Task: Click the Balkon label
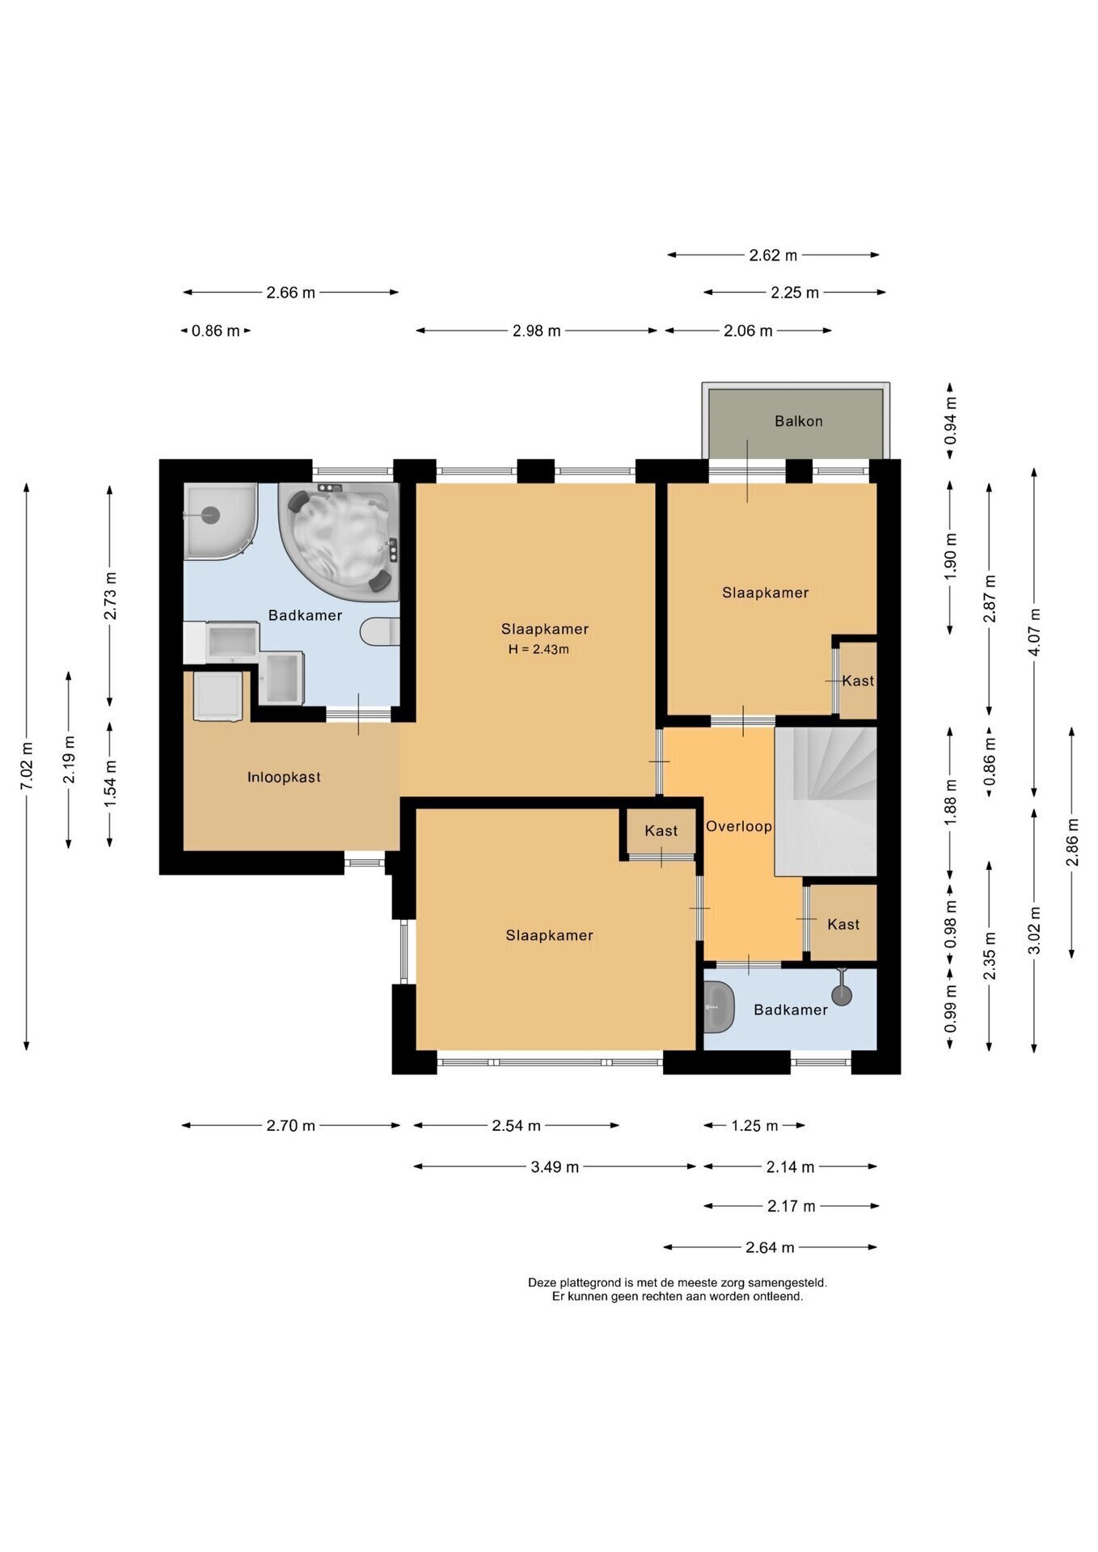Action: point(798,421)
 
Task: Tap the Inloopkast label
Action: point(284,778)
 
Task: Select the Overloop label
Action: point(738,827)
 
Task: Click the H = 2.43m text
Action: point(538,649)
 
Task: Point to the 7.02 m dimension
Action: point(27,766)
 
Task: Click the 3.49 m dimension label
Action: point(555,1166)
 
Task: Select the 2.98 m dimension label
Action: point(537,331)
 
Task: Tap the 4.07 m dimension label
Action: point(1034,633)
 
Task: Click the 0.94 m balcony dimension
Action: point(951,420)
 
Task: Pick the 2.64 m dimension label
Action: point(770,1247)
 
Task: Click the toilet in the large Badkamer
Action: point(380,631)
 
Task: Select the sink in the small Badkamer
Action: point(718,1007)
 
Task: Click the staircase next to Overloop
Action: point(826,801)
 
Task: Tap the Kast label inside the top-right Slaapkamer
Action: point(858,681)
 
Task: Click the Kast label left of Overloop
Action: point(661,831)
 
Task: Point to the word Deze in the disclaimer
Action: point(542,1282)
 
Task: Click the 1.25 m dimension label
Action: point(754,1125)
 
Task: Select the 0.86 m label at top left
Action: point(216,331)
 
